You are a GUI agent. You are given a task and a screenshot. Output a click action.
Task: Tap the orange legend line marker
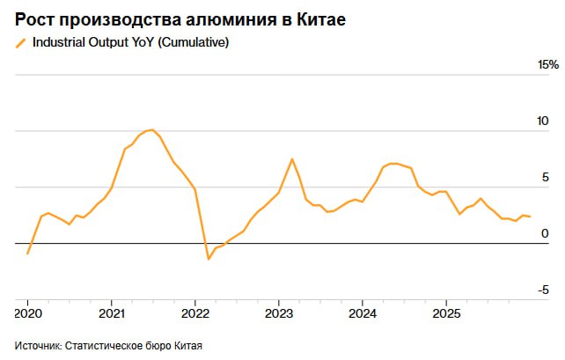click(21, 42)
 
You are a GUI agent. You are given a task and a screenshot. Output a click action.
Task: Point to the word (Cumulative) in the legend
click(195, 42)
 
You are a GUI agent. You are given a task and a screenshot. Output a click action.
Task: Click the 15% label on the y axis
click(547, 65)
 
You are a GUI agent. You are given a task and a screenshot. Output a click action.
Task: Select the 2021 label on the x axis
click(111, 313)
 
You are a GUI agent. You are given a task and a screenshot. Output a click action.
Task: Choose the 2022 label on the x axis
click(194, 313)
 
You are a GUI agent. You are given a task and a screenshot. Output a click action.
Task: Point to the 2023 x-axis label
click(278, 313)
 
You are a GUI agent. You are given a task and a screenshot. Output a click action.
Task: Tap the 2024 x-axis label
click(362, 313)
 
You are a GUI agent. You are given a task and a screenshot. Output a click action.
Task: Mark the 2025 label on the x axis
click(445, 313)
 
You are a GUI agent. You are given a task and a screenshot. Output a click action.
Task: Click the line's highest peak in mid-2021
click(151, 130)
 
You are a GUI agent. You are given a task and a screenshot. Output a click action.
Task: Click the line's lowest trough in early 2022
click(209, 259)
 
